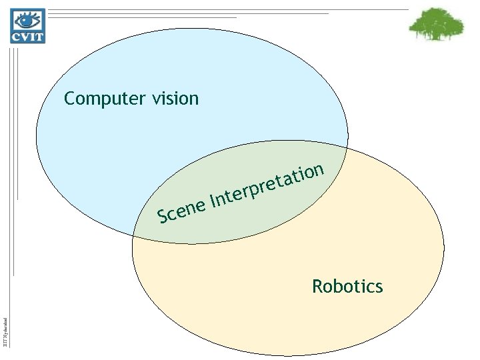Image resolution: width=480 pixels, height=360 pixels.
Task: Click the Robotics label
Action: point(347,287)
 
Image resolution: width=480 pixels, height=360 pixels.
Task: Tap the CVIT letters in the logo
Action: point(27,37)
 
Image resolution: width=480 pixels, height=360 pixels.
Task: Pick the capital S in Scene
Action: point(161,216)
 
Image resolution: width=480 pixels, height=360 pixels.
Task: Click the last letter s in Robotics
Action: point(379,287)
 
